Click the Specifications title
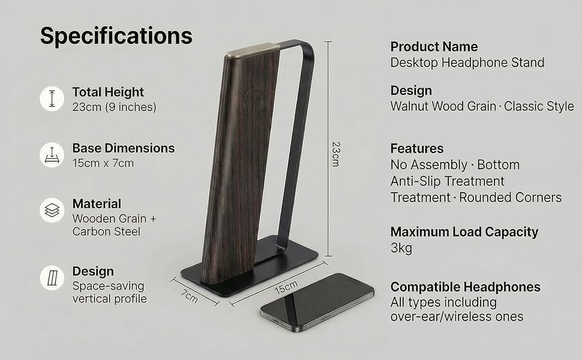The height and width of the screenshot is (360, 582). point(116,37)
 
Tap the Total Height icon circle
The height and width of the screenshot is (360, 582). point(52,99)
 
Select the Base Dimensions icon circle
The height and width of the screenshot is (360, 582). point(52,155)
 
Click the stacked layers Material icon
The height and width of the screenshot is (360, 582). point(52,211)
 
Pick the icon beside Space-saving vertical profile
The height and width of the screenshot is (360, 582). point(52,278)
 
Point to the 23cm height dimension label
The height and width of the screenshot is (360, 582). point(335,154)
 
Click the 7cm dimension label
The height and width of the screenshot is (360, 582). point(190,296)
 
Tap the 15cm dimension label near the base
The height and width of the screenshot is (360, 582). point(286,287)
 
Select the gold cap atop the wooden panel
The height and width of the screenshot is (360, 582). point(253,50)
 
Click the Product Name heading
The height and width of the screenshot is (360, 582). point(434,47)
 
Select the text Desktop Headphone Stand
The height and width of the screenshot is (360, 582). point(467,62)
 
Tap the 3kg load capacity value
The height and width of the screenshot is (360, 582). point(401,248)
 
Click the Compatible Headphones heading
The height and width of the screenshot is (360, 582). point(466,287)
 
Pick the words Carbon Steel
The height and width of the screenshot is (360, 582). point(106,232)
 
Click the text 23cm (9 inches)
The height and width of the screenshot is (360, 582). point(115,107)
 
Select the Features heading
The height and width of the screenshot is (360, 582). point(417,148)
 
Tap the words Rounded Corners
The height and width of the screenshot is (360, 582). point(511,197)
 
